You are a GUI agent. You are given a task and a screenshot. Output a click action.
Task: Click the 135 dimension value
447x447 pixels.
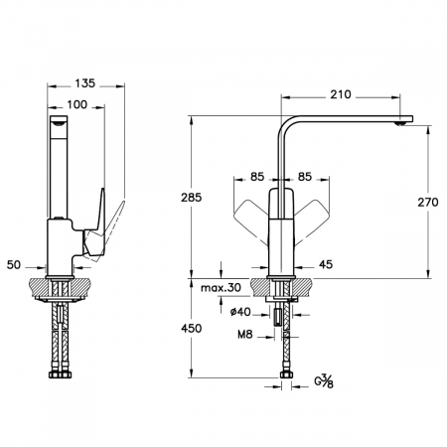[84, 83]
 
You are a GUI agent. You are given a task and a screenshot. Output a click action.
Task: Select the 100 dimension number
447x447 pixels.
[77, 104]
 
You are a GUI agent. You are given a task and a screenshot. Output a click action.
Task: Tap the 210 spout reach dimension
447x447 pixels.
[341, 94]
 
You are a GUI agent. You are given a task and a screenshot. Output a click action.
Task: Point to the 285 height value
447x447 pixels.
[191, 198]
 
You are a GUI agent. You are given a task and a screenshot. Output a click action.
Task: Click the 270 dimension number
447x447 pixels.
[428, 202]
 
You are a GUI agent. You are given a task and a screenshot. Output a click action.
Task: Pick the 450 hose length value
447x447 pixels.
[191, 328]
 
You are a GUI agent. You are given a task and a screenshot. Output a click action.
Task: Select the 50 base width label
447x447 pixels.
[14, 265]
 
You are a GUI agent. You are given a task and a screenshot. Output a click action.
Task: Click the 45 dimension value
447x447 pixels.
[326, 264]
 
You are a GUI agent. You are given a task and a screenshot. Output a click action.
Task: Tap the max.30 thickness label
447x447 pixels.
[221, 288]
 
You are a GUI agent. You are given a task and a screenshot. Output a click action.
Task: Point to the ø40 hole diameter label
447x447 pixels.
[240, 312]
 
